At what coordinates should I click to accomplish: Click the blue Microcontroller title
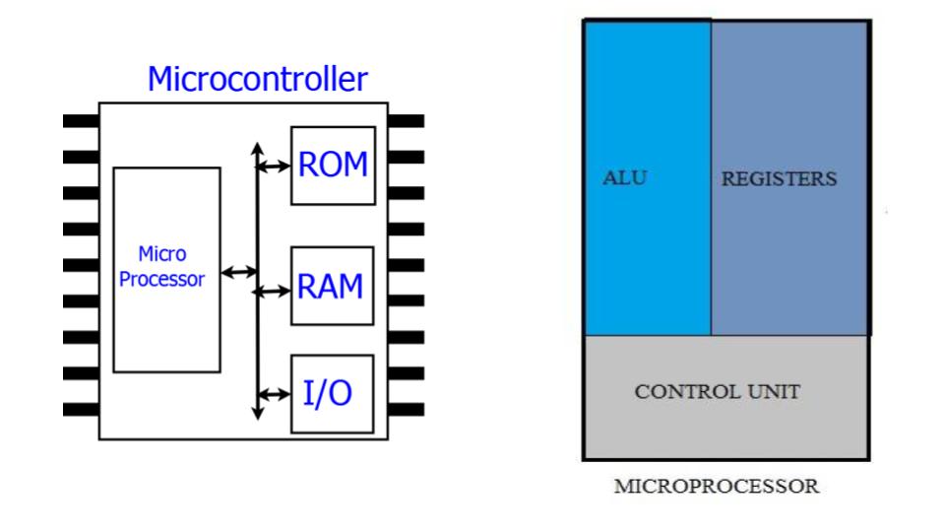[257, 79]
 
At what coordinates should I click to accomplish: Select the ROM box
[333, 165]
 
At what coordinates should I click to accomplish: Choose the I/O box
[333, 393]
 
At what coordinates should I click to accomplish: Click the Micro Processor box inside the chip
[166, 269]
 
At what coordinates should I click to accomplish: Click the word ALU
[625, 178]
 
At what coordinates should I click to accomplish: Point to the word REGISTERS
[779, 179]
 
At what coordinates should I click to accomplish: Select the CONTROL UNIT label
[717, 392]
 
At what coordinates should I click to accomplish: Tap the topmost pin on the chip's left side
[81, 121]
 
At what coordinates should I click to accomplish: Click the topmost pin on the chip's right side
[406, 121]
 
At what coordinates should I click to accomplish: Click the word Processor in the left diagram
[162, 280]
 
